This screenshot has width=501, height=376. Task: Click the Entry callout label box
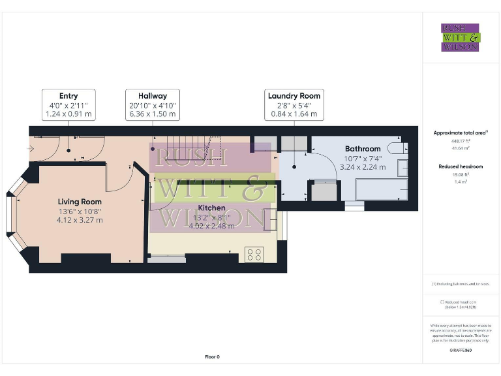pos(68,104)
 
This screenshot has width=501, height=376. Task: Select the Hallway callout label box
pos(152,104)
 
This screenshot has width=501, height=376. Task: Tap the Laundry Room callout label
pos(294,104)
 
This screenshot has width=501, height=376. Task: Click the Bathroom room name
pos(363,149)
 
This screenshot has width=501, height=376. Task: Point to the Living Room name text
pos(80,202)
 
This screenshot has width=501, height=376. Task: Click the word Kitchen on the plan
pos(212,208)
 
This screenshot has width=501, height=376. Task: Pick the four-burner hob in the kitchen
pos(254,254)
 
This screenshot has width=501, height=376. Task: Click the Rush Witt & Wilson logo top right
pos(461,37)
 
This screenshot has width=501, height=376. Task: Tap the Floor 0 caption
pos(212,356)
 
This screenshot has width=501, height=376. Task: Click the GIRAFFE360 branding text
pos(461,351)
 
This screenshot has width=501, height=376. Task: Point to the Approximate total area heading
pos(461,133)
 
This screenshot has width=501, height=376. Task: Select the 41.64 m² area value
pos(461,147)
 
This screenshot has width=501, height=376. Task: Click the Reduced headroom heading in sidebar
pos(461,166)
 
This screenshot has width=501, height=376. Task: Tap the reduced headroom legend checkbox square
pos(442,302)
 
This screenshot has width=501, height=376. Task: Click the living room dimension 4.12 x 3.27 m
pos(80,220)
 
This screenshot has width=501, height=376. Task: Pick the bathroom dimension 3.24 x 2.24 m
pos(363,166)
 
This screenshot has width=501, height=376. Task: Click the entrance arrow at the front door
pos(31,148)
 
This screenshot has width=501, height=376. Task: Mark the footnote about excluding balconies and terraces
pos(461,284)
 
